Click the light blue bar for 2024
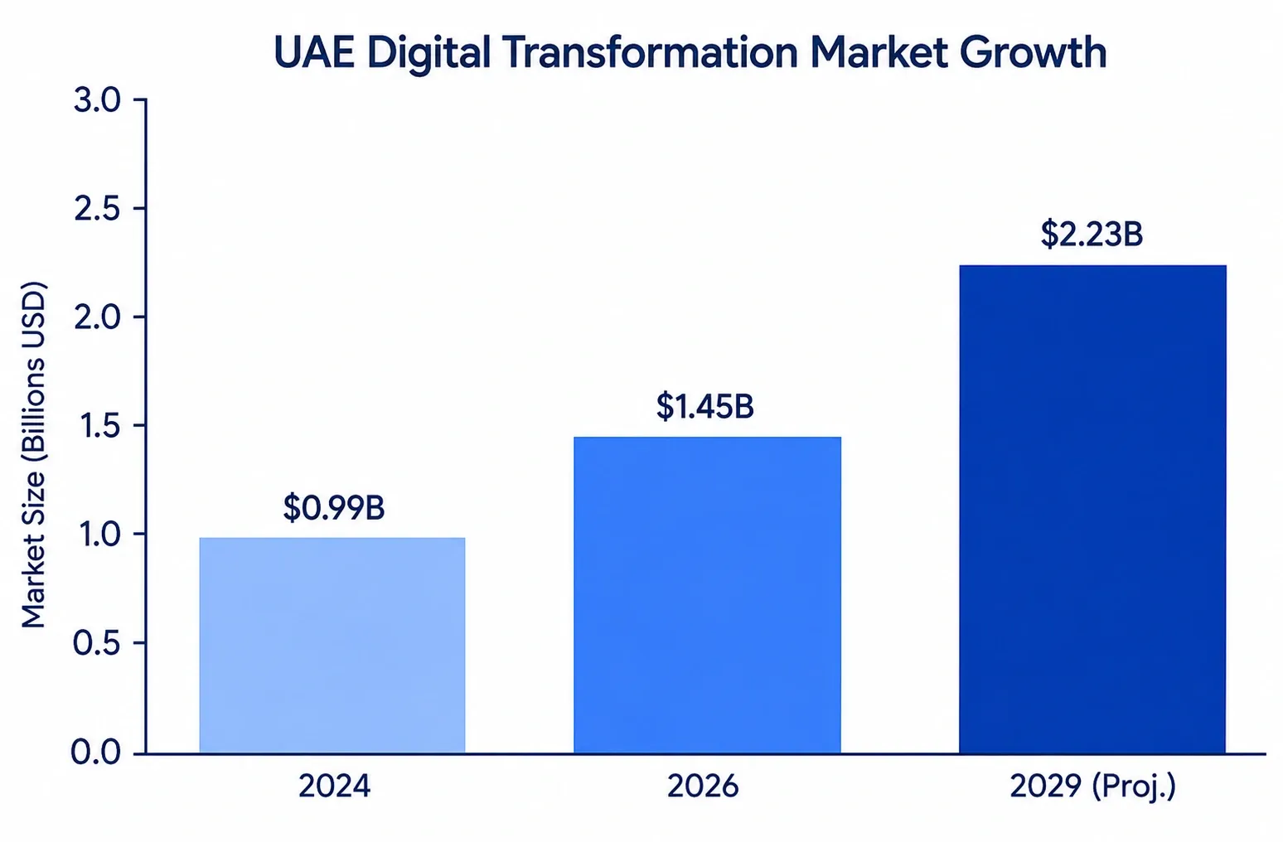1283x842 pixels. pyautogui.click(x=332, y=645)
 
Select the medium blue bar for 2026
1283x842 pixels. pyautogui.click(x=707, y=594)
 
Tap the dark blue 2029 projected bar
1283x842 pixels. pyautogui.click(x=1093, y=509)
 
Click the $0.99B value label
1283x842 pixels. pyautogui.click(x=334, y=507)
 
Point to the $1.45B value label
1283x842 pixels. pyautogui.click(x=705, y=406)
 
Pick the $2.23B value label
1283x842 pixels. pyautogui.click(x=1092, y=235)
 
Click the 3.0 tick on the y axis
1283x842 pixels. pyautogui.click(x=97, y=100)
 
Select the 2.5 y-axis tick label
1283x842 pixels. pyautogui.click(x=97, y=209)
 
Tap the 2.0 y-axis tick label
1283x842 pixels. pyautogui.click(x=97, y=317)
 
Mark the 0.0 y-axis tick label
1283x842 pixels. pyautogui.click(x=97, y=752)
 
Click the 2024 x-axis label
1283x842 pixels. pyautogui.click(x=335, y=786)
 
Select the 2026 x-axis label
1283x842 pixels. pyautogui.click(x=703, y=786)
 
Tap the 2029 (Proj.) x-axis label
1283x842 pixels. pyautogui.click(x=1093, y=786)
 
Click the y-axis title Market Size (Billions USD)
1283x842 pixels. pyautogui.click(x=33, y=455)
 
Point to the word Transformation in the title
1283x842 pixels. pyautogui.click(x=650, y=53)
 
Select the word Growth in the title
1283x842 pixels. pyautogui.click(x=1034, y=53)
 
